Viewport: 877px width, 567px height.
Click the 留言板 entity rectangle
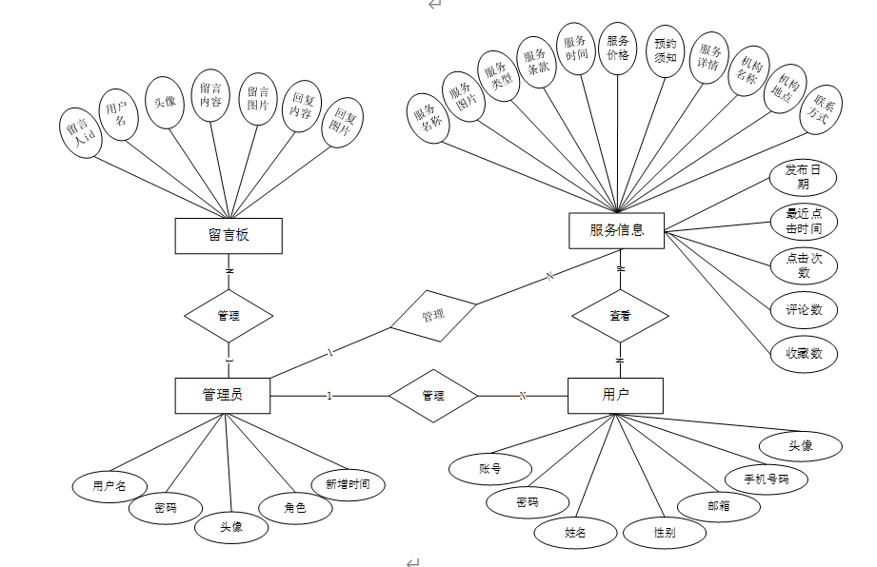tap(229, 235)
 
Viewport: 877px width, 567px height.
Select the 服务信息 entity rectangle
tap(617, 230)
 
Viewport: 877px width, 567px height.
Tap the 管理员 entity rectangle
tap(223, 395)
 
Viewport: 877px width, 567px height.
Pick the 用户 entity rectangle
tap(615, 395)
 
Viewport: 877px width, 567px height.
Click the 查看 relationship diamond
tap(619, 314)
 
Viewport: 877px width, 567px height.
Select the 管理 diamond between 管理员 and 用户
tap(433, 395)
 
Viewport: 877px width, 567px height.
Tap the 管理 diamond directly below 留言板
tap(229, 315)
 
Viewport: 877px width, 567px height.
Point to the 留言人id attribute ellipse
tap(80, 131)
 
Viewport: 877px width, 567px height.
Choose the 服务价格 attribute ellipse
tap(618, 48)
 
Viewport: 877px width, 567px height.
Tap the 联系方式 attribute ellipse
tap(819, 112)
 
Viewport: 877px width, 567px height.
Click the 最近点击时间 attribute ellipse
tap(804, 222)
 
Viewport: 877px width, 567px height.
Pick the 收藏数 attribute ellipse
tap(804, 353)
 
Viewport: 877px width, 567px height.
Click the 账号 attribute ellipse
tap(489, 468)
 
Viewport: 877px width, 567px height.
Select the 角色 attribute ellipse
tap(295, 508)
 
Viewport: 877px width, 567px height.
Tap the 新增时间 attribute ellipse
tap(348, 484)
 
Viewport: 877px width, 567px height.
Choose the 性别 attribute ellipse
tap(665, 533)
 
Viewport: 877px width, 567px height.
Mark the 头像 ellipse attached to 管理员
tap(231, 526)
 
